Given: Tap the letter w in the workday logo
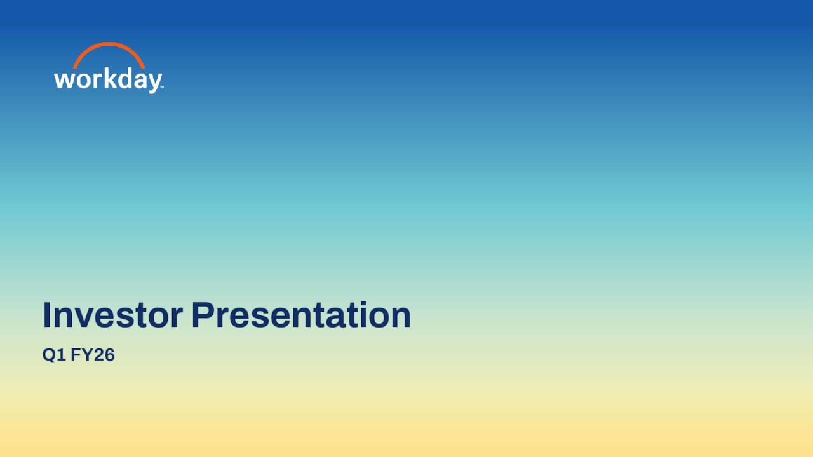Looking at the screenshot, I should tap(63, 80).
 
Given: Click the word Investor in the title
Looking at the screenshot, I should tap(112, 315).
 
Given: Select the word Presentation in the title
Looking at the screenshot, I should tap(301, 315).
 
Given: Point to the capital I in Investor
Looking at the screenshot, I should tap(47, 315).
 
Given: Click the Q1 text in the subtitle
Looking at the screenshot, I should tap(53, 355).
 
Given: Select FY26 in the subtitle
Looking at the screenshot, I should tap(93, 355).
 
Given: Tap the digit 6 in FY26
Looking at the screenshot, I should tap(109, 355).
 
